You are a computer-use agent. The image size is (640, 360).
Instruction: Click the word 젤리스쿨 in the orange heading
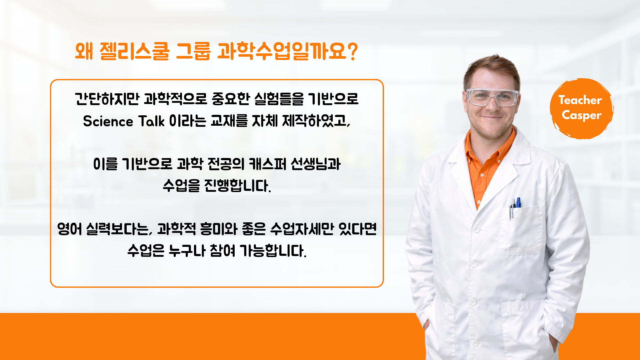click(x=135, y=51)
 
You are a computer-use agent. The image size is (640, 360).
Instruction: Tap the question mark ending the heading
click(x=352, y=51)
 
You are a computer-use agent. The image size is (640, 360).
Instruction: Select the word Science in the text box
click(x=108, y=121)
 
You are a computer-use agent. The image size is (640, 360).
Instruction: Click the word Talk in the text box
click(x=151, y=121)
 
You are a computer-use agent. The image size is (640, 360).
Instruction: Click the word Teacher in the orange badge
click(x=580, y=100)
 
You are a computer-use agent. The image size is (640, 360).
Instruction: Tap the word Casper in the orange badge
click(x=582, y=115)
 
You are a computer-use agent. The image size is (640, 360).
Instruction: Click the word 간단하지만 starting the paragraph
click(x=107, y=99)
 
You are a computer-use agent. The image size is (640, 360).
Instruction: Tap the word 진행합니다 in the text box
click(x=237, y=186)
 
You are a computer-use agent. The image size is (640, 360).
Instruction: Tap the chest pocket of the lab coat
click(x=522, y=230)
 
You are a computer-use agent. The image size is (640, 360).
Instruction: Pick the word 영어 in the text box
click(x=69, y=229)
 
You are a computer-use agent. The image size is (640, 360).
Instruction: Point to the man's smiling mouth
click(x=492, y=117)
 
